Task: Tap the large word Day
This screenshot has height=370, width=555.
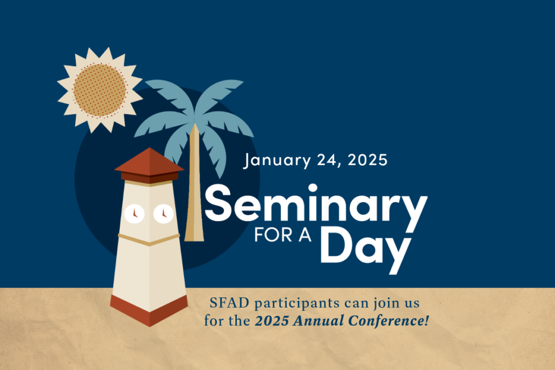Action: pyautogui.click(x=366, y=249)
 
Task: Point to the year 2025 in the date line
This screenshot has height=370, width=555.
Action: pyautogui.click(x=367, y=160)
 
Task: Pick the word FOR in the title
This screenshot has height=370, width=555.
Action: pyautogui.click(x=273, y=235)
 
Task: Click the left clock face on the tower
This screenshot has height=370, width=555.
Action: pyautogui.click(x=134, y=213)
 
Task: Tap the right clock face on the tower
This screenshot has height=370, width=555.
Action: pyautogui.click(x=164, y=213)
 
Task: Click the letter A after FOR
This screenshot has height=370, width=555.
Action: pyautogui.click(x=305, y=235)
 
